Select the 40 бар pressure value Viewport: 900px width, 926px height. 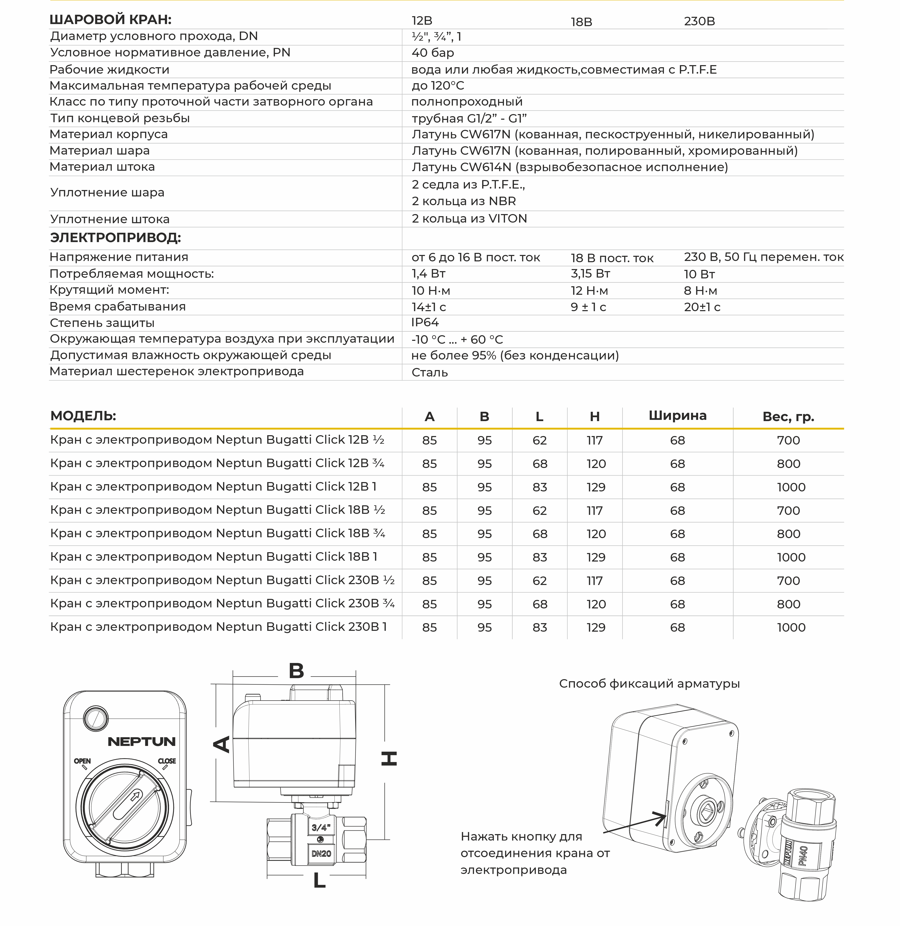point(433,53)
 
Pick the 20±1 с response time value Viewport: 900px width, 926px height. point(702,307)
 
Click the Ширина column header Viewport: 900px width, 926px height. point(677,416)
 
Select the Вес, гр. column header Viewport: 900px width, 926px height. point(788,417)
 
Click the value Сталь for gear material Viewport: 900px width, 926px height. point(429,373)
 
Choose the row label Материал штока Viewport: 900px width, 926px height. point(102,167)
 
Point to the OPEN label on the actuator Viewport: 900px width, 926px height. point(82,761)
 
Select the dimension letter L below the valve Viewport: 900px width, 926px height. point(320,880)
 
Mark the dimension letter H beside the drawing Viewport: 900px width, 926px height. point(389,759)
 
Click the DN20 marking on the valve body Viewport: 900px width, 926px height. point(321,854)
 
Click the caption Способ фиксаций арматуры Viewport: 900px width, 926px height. point(649,684)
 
